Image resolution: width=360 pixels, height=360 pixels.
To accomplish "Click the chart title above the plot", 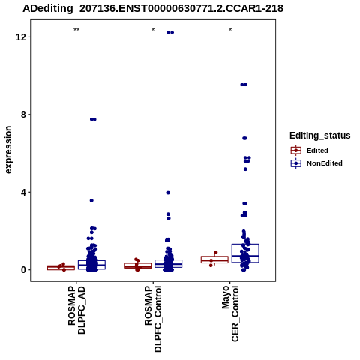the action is (x=153, y=8).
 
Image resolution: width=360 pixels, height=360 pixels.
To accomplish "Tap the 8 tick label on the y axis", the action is (x=23, y=115).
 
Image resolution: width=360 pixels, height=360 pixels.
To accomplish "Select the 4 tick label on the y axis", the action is (x=23, y=193).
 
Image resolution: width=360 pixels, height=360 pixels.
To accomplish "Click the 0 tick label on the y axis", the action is (x=23, y=270).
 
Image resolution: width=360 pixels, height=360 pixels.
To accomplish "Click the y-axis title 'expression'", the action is (x=8, y=150).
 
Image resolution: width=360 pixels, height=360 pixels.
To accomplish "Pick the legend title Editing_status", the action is (x=320, y=136).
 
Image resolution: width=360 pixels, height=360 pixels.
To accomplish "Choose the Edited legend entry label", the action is (x=317, y=151).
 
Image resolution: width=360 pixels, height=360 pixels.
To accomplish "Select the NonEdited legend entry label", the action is (x=325, y=163).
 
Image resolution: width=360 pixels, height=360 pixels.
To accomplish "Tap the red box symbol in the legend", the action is (x=296, y=151).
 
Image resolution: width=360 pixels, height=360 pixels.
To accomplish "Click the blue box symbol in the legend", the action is (x=296, y=163).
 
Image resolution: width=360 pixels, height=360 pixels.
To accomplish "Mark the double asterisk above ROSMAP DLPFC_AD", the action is (x=76, y=30).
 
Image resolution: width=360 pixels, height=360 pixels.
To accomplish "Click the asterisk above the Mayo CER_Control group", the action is (x=230, y=30).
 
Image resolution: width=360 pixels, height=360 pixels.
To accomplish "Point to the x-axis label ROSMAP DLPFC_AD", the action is (x=76, y=310).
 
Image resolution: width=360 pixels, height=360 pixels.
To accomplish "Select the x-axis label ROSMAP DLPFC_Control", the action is (x=153, y=319).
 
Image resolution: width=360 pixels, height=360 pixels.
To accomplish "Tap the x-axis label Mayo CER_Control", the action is (x=230, y=313).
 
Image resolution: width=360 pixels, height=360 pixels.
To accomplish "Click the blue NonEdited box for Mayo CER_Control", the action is (x=245, y=244).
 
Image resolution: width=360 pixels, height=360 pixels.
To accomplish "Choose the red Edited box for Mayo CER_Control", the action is (x=214, y=256).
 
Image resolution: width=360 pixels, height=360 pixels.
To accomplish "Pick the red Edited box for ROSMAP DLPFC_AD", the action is (x=61, y=266).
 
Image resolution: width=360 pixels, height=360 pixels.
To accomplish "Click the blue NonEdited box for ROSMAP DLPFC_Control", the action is (x=168, y=260).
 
